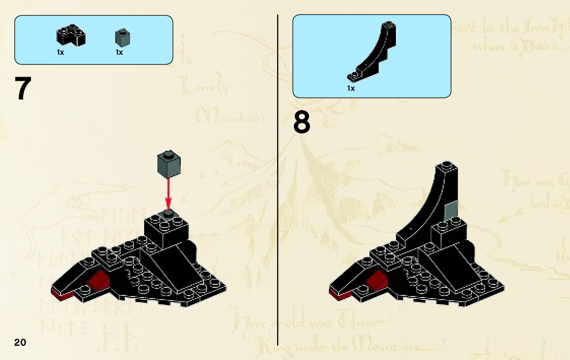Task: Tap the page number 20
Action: click(x=20, y=342)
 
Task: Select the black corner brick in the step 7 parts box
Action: click(x=70, y=37)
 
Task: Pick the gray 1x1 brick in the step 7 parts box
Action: click(x=122, y=38)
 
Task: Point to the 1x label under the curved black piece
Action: click(x=351, y=88)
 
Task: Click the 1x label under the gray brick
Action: click(x=119, y=52)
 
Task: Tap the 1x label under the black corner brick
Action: click(x=60, y=52)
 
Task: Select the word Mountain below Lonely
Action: click(x=231, y=118)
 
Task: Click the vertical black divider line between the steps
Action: click(x=278, y=178)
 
